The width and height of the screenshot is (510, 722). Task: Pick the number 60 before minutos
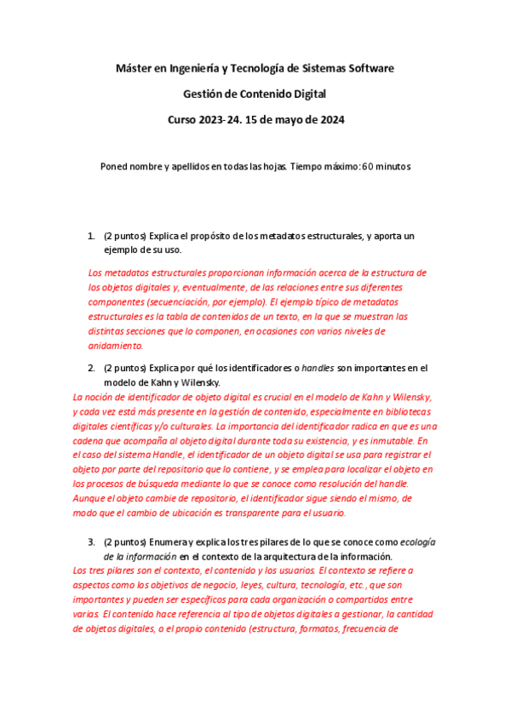(369, 167)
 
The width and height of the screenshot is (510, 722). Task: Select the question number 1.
(91, 235)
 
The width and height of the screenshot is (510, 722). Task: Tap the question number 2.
(91, 368)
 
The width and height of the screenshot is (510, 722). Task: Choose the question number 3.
(91, 541)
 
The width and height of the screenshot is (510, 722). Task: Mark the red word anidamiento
(117, 346)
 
